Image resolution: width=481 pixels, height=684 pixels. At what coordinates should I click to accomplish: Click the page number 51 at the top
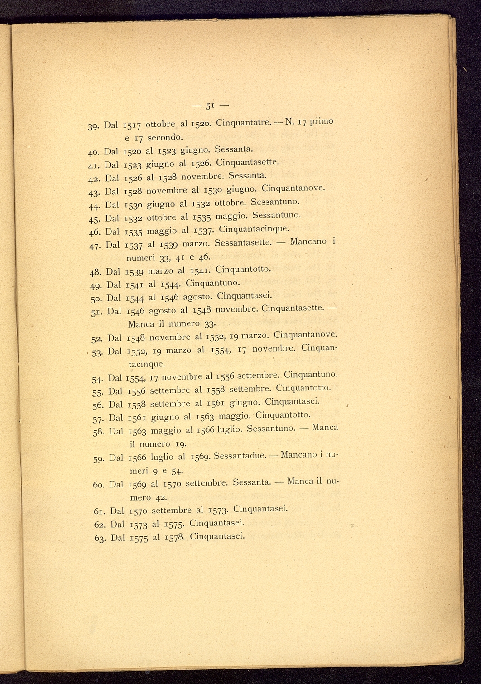(209, 107)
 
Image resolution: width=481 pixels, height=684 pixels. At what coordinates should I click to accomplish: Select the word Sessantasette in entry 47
(243, 243)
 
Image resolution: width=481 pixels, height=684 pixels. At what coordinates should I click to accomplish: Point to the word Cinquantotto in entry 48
(243, 269)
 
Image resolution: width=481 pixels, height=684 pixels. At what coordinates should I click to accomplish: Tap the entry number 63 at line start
(101, 538)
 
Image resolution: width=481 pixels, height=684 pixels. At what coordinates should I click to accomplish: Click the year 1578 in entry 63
(174, 537)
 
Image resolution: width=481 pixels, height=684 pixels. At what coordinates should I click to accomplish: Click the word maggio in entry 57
(233, 416)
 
